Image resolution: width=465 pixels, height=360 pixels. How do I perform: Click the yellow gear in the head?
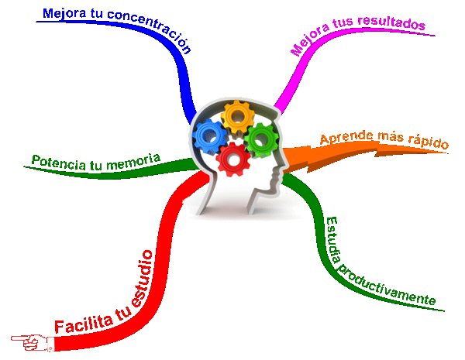pos(238,117)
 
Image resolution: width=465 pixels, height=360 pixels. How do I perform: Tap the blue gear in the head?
pos(210,136)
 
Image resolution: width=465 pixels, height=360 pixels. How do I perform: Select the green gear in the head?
pos(261,139)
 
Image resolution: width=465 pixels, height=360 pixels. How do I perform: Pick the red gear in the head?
pos(233,159)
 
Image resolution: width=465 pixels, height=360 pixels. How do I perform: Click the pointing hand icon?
pos(33,342)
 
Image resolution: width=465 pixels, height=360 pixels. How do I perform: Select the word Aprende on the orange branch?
pos(346,137)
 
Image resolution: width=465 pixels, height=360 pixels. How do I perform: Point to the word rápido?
pos(429,142)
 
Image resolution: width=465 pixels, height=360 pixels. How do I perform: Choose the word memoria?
pos(133,162)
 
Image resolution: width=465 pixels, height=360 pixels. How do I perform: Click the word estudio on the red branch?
pos(142,279)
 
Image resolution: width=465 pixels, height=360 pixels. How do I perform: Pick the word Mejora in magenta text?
pos(309,39)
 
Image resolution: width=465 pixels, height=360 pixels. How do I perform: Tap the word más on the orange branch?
pos(391,136)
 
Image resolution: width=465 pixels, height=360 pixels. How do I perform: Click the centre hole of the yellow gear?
pos(238,117)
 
